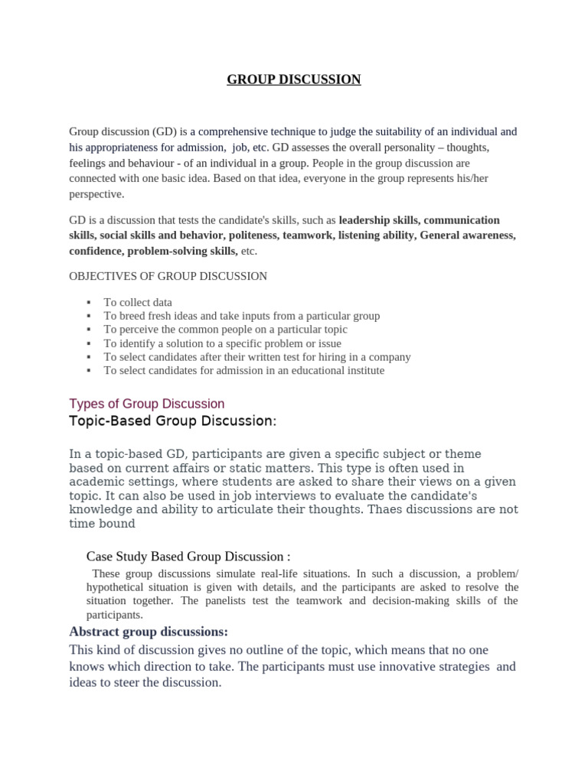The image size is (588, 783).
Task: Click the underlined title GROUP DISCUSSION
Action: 293,80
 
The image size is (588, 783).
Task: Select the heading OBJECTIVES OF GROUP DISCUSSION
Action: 168,276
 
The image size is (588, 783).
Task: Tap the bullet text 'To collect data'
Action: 138,302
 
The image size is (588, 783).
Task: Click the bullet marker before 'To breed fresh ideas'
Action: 90,316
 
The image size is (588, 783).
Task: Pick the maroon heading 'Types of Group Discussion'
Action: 147,403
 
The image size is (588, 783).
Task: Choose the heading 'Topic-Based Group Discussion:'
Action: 172,421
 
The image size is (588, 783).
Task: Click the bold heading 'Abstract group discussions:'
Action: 149,632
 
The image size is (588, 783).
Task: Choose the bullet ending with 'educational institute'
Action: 244,371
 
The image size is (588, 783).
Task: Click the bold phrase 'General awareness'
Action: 467,236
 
